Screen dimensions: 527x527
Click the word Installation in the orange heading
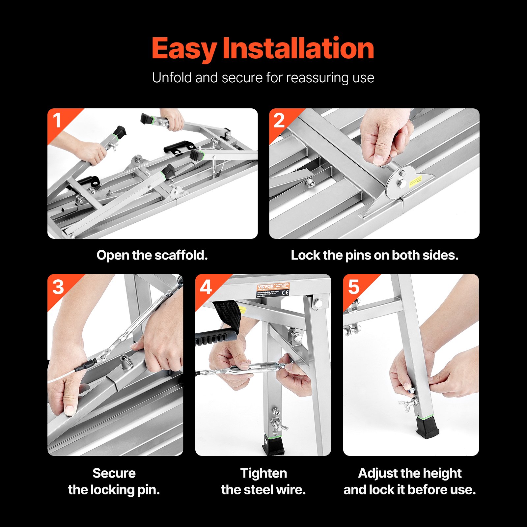point(298,48)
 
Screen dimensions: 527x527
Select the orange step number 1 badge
point(58,121)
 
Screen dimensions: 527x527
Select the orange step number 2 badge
point(279,121)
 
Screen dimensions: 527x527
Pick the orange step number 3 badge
point(58,287)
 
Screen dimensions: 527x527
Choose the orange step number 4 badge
point(206,287)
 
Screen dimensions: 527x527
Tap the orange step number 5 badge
point(354,287)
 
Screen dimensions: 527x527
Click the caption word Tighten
point(263,473)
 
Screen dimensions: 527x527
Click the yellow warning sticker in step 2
point(415,181)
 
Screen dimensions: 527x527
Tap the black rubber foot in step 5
point(427,428)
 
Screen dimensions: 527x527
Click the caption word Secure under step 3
point(114,473)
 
